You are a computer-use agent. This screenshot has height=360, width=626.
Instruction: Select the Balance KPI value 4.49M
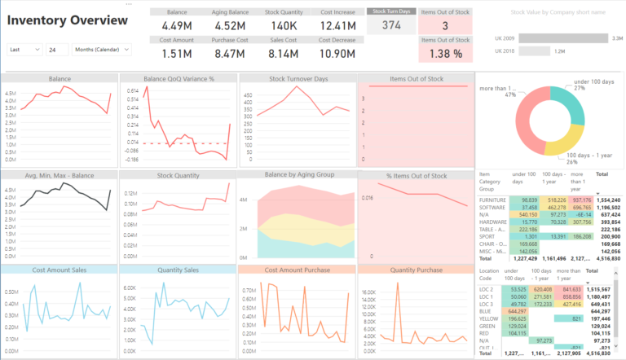pyautogui.click(x=176, y=25)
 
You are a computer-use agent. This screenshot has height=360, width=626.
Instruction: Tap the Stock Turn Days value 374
pyautogui.click(x=390, y=25)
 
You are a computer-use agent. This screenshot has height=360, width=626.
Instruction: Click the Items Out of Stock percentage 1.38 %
pyautogui.click(x=445, y=53)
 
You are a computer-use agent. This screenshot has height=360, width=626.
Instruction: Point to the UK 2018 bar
pyautogui.click(x=535, y=50)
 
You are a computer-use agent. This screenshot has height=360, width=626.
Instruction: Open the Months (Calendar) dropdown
pyautogui.click(x=101, y=50)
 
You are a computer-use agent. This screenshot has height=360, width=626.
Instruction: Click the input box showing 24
pyautogui.click(x=57, y=50)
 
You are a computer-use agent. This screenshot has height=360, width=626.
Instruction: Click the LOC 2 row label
pyautogui.click(x=486, y=288)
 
